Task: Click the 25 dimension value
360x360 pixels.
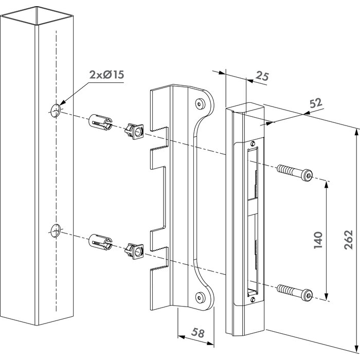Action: point(262,78)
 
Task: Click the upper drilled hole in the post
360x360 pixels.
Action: point(55,109)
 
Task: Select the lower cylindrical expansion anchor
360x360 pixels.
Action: point(100,242)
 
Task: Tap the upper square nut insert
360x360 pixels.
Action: point(134,132)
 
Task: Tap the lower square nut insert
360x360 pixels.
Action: point(134,250)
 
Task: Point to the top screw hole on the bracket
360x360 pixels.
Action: point(199,104)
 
